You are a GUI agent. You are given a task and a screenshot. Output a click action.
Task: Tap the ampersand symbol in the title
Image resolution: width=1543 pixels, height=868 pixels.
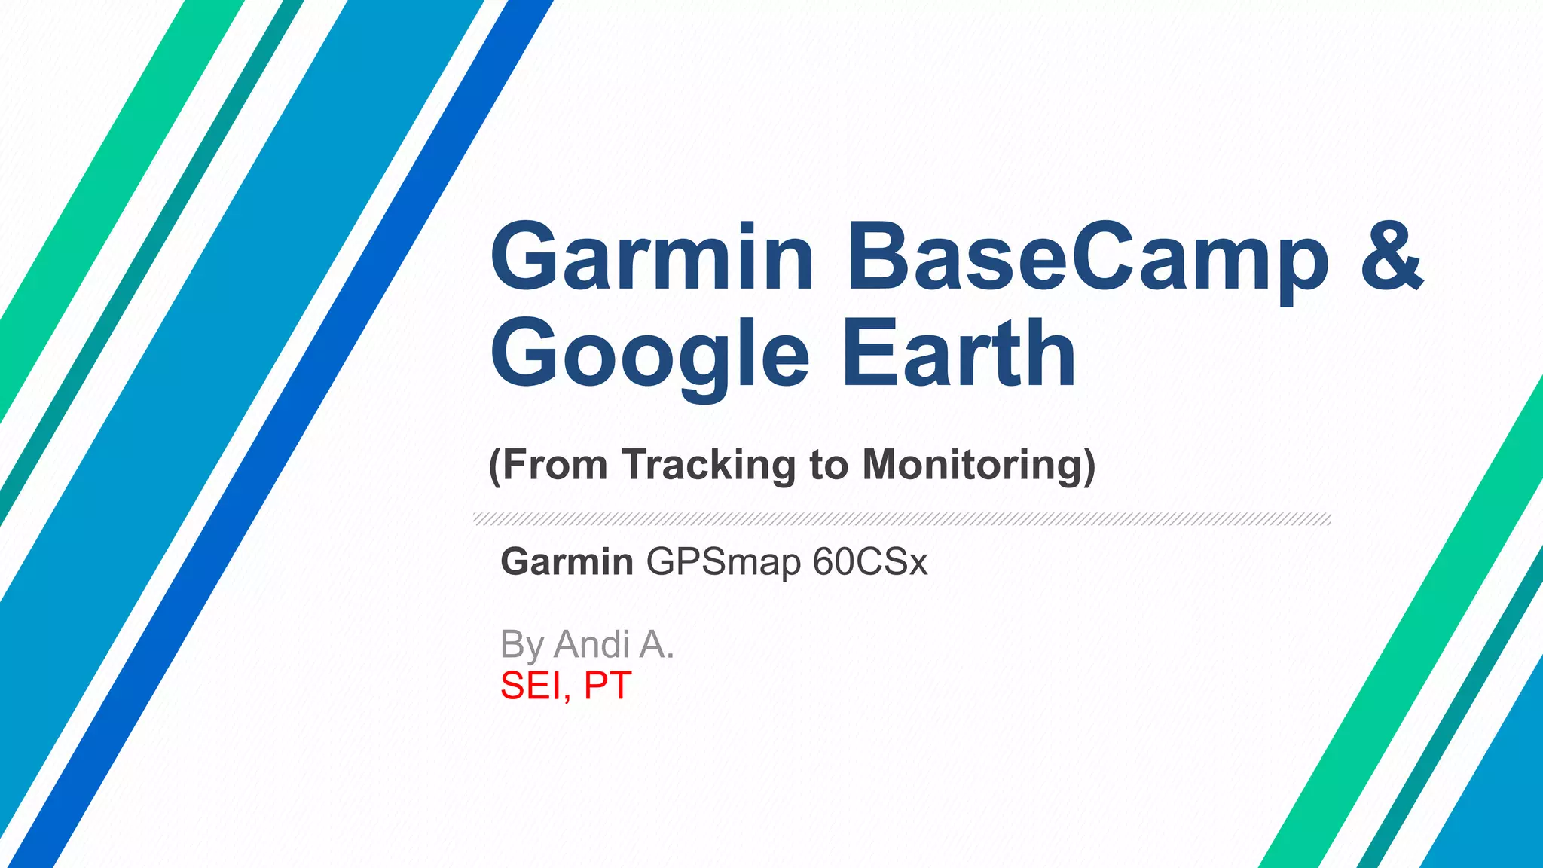1392,256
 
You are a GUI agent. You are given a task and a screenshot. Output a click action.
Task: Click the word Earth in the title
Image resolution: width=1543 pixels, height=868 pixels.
958,353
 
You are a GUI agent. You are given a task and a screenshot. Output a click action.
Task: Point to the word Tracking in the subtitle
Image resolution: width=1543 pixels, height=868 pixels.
708,465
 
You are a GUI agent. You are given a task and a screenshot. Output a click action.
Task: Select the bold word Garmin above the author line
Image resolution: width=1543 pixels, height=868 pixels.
567,562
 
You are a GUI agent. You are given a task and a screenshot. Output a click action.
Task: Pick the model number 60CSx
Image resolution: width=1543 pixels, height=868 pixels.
870,562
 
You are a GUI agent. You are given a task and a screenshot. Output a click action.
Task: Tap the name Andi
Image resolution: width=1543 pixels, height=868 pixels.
592,645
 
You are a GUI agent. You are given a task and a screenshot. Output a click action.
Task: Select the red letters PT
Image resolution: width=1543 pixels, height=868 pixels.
607,686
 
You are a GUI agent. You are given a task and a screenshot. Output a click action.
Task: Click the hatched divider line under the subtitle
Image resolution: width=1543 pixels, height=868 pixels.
901,519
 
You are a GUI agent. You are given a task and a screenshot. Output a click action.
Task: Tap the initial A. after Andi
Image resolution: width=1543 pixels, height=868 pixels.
655,645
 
